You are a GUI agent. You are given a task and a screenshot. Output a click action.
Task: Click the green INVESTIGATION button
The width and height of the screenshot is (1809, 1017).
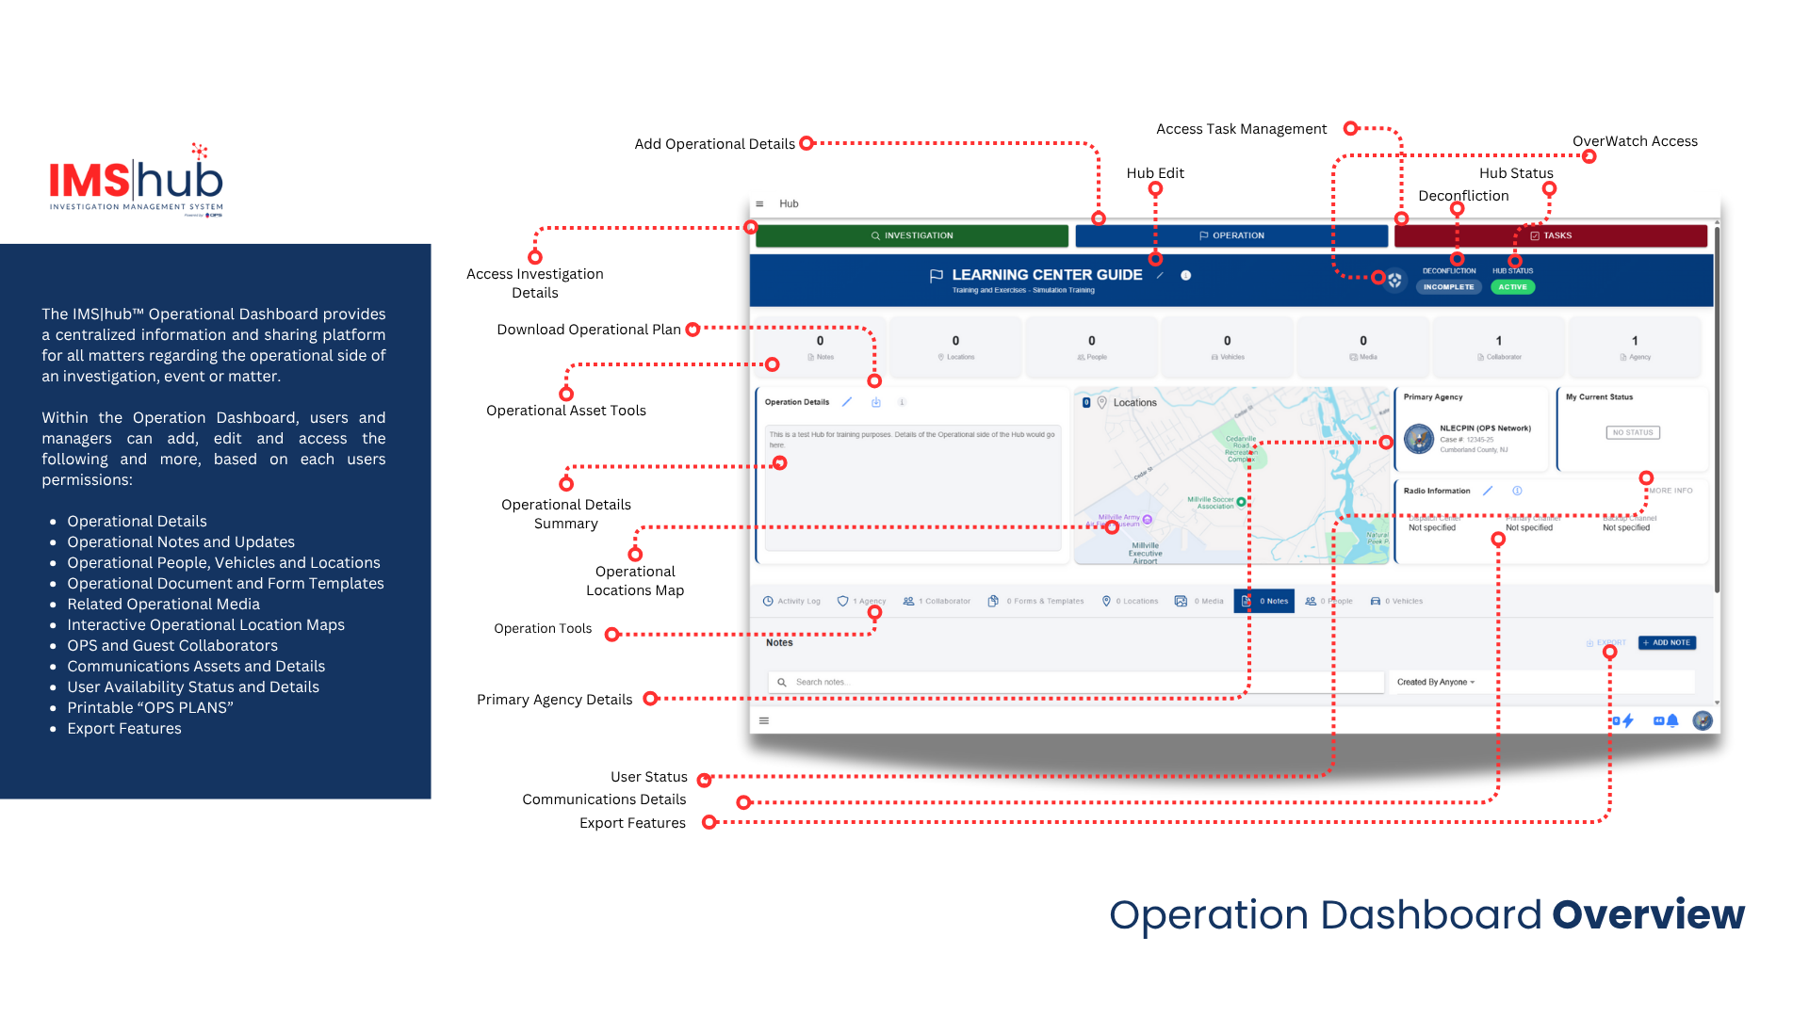(911, 235)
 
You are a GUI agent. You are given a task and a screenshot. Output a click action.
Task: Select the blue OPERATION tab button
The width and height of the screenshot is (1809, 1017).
(1231, 235)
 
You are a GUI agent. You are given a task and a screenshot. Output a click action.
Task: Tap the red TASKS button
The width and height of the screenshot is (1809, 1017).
(1550, 235)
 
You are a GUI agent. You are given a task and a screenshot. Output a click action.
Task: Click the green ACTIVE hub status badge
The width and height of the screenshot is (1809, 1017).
(1512, 287)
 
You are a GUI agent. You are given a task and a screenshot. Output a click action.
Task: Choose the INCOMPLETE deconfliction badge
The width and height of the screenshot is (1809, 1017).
(1448, 287)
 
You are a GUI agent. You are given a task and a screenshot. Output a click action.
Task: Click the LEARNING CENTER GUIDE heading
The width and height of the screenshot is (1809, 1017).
(1046, 275)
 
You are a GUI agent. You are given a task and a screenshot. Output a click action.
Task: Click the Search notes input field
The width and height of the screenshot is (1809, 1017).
(1074, 682)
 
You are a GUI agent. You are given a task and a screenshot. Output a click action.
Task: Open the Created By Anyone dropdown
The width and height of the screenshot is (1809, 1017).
(1436, 682)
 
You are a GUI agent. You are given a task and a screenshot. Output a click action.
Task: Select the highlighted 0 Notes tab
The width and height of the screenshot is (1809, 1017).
(1264, 601)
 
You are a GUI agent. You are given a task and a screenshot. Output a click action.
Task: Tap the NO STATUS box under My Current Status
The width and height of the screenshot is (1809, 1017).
(1633, 432)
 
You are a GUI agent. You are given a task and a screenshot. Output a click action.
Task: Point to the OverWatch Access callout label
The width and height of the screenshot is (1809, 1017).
(1635, 141)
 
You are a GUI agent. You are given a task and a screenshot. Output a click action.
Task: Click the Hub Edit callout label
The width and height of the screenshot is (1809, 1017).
(1155, 173)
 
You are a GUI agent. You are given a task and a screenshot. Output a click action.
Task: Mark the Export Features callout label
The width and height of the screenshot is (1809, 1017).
(632, 823)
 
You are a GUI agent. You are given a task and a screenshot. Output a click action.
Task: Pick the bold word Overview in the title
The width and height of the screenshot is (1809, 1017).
(1648, 914)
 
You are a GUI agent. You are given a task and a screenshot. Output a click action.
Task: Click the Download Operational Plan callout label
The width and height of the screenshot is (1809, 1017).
(589, 330)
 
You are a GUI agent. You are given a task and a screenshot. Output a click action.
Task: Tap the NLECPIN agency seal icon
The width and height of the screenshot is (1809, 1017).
(1419, 438)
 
